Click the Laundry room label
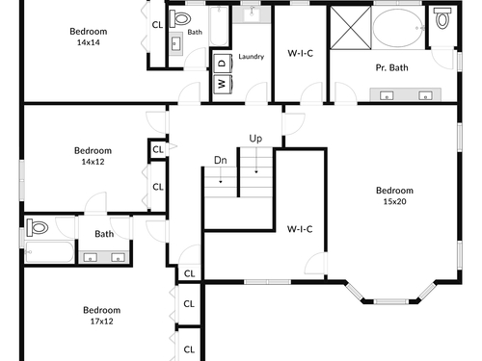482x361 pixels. point(252,57)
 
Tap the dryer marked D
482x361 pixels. point(223,64)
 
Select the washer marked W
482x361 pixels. point(223,84)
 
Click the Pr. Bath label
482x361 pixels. point(391,67)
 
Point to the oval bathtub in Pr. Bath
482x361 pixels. point(398,28)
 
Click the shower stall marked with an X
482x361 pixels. point(351,28)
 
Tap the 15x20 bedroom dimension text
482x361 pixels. point(394,201)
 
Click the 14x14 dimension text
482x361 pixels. point(89,42)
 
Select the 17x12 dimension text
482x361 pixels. point(101,322)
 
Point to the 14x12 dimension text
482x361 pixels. point(93,162)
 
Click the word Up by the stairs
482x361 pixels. point(255,139)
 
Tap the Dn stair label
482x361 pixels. point(221,160)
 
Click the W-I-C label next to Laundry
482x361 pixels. point(301,53)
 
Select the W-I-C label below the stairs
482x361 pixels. point(300,229)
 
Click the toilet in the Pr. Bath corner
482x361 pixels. point(442,18)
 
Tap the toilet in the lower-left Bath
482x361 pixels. point(38,227)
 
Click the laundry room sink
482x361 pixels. point(252,14)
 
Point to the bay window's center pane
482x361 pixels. point(391,301)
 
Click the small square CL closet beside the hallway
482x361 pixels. point(158,149)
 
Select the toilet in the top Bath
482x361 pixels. point(180,18)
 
